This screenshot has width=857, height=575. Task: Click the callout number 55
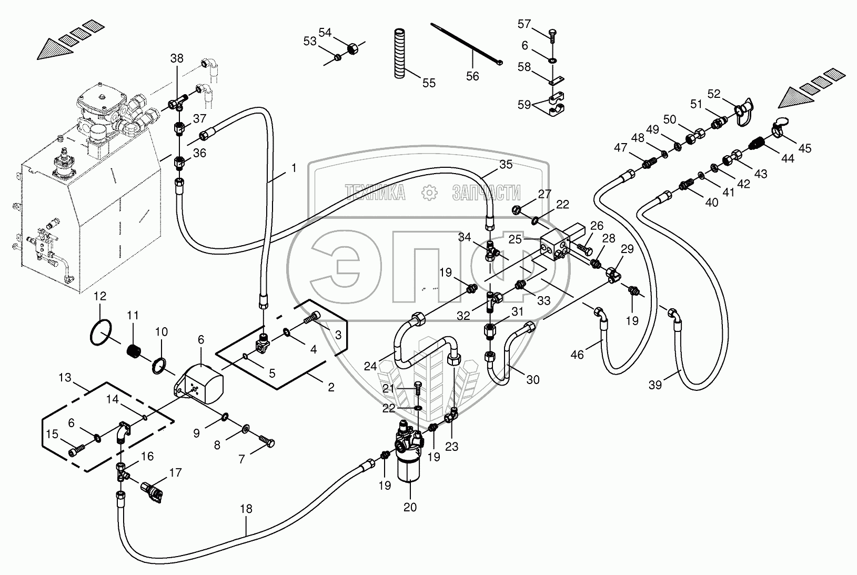[x=429, y=83]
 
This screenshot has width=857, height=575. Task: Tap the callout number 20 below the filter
[x=410, y=507]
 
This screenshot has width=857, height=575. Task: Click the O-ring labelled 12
[x=101, y=333]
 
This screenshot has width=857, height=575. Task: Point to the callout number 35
[x=506, y=165]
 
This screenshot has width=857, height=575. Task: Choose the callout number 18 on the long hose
[x=246, y=509]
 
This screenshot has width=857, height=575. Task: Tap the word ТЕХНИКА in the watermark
[x=375, y=192]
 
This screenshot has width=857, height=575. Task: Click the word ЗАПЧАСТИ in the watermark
[x=486, y=192]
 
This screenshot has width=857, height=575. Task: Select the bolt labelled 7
[x=266, y=441]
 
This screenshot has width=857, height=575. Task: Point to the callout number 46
[x=577, y=355]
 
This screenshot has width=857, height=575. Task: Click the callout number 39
[x=655, y=385]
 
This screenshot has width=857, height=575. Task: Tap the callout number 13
[x=65, y=378]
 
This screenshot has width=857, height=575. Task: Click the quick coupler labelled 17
[x=152, y=492]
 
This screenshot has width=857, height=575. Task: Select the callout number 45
[x=805, y=148]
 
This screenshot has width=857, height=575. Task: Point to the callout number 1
[x=294, y=168]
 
